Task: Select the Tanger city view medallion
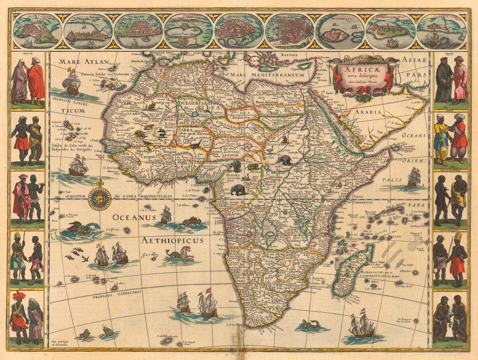pos(37,31)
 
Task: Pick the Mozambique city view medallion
pos(340,31)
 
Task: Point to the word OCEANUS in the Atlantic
pos(133,217)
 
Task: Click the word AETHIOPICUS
pos(172,240)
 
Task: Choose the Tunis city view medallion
pos(188,31)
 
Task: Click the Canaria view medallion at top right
pos(441,31)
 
